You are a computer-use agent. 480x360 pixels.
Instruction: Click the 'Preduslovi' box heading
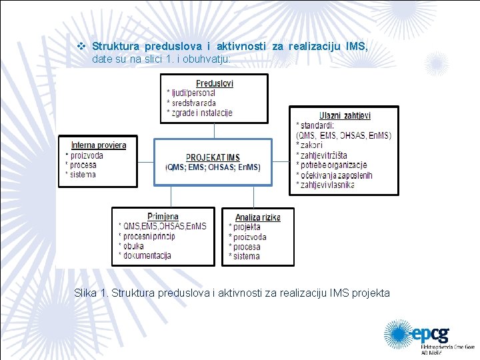point(214,83)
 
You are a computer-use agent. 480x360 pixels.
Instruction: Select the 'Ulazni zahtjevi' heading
point(345,115)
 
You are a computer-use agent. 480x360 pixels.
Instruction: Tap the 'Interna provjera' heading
point(98,145)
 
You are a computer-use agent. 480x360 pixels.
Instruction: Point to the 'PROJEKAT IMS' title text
point(213,157)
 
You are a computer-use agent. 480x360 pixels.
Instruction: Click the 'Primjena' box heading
point(163,216)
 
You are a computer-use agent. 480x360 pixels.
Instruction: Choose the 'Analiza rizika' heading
point(257,217)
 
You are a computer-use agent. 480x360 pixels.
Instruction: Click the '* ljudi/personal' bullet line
point(191,93)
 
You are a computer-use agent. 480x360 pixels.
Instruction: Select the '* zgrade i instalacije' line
point(199,113)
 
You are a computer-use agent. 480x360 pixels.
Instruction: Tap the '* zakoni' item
point(309,145)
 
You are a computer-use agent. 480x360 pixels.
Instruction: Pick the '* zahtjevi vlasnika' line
point(325,185)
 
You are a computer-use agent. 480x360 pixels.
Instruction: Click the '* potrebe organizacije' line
point(331,165)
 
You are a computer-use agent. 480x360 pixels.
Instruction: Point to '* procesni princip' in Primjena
point(150,236)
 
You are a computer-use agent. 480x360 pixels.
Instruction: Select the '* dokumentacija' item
point(145,255)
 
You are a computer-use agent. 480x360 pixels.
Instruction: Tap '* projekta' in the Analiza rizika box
point(245,227)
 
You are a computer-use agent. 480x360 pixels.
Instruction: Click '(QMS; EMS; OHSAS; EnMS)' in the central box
point(213,167)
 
